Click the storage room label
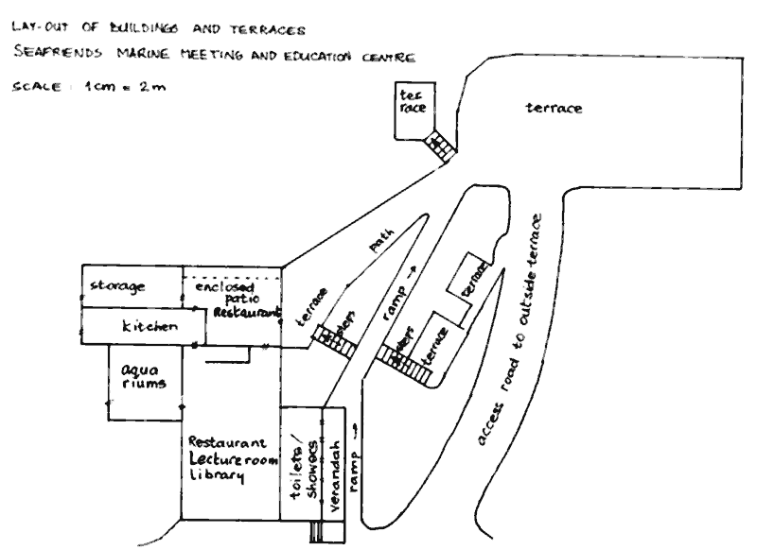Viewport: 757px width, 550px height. point(117,285)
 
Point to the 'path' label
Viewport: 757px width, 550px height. point(379,250)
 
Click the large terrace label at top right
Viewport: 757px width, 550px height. point(554,109)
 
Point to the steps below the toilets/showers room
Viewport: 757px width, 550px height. point(314,532)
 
